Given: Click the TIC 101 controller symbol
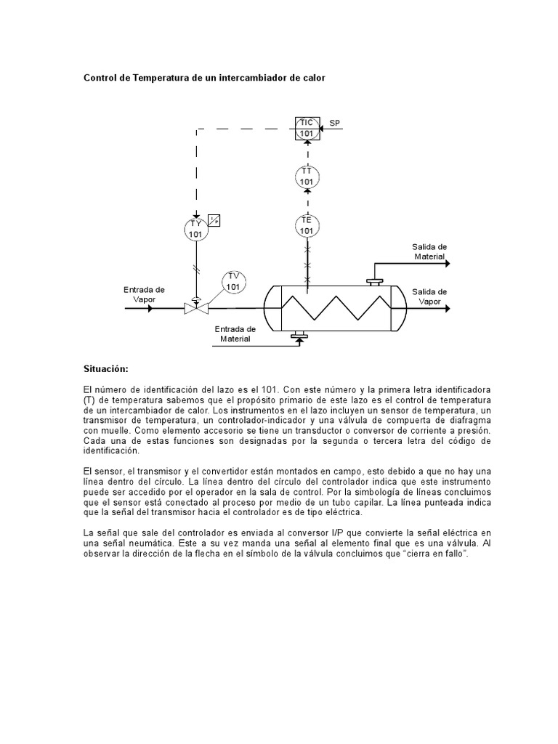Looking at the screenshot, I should [x=307, y=129].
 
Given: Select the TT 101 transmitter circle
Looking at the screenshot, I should [x=307, y=177].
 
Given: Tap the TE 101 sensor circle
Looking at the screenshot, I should [x=307, y=225].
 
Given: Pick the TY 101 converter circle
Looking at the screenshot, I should [x=195, y=229].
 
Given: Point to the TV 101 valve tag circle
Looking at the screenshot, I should [x=233, y=281].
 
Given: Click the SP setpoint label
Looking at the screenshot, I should [x=335, y=124].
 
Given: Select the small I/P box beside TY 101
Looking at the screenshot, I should [x=214, y=219].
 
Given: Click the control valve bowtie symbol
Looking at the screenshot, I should [x=195, y=308].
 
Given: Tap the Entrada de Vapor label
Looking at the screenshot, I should [x=144, y=294].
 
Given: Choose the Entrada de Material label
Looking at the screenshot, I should [x=235, y=333].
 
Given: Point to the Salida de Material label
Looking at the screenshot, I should [x=429, y=251].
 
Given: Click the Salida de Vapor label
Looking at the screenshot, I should [x=429, y=296].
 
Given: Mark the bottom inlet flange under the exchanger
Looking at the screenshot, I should [x=299, y=335].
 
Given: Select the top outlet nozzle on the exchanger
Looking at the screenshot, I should [x=376, y=280].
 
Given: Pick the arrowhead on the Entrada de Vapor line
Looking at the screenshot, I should [x=150, y=308].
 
